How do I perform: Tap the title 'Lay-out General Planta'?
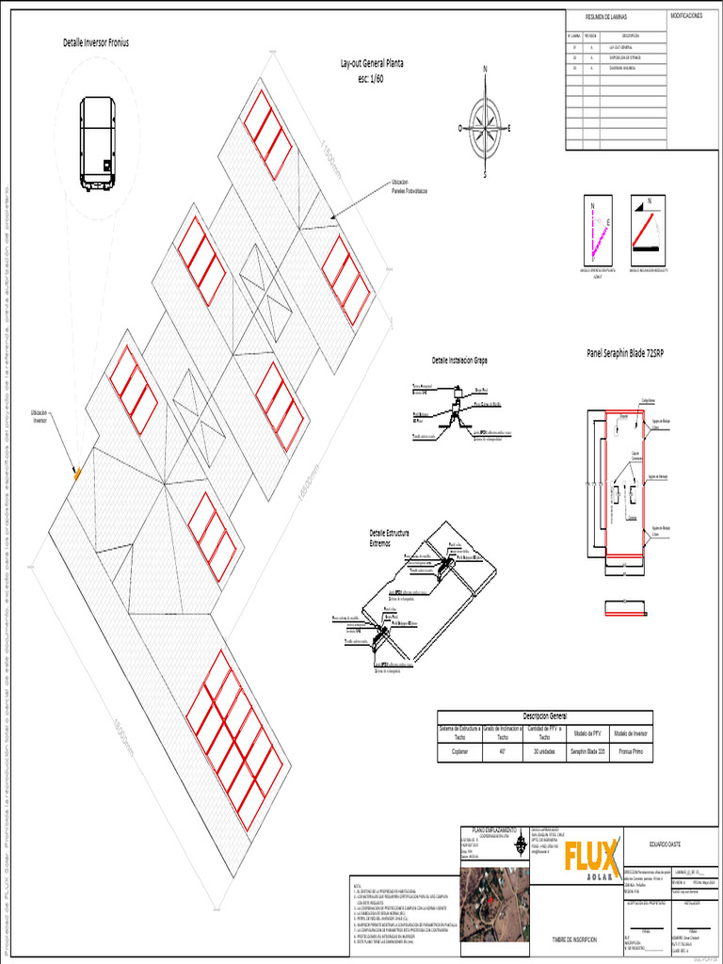372,63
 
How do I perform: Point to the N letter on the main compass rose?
485,70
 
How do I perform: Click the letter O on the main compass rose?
460,127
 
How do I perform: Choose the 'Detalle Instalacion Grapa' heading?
459,361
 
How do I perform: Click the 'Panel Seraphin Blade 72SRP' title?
625,353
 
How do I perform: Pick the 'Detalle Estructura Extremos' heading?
390,538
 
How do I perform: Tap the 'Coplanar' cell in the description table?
459,752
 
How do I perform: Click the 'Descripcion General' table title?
544,715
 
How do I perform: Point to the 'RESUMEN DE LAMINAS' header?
605,17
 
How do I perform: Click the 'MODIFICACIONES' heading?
686,16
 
